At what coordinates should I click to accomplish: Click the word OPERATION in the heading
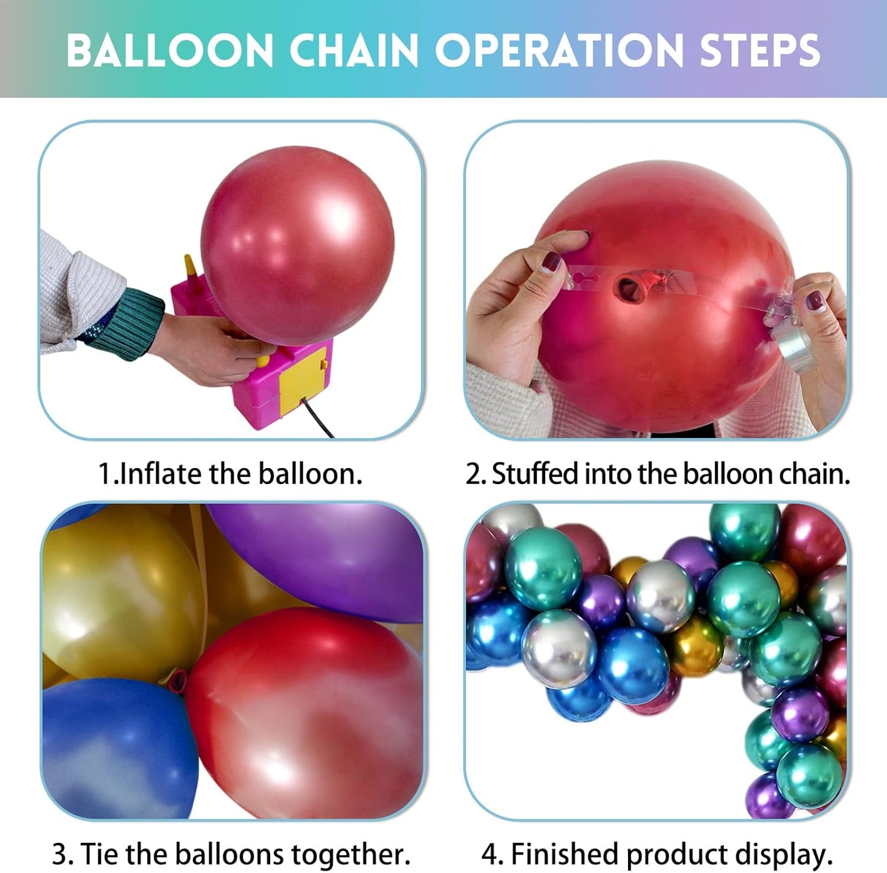click(x=559, y=50)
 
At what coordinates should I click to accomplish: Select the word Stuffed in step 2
click(x=535, y=474)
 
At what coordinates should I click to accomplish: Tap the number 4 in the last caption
click(x=490, y=854)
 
